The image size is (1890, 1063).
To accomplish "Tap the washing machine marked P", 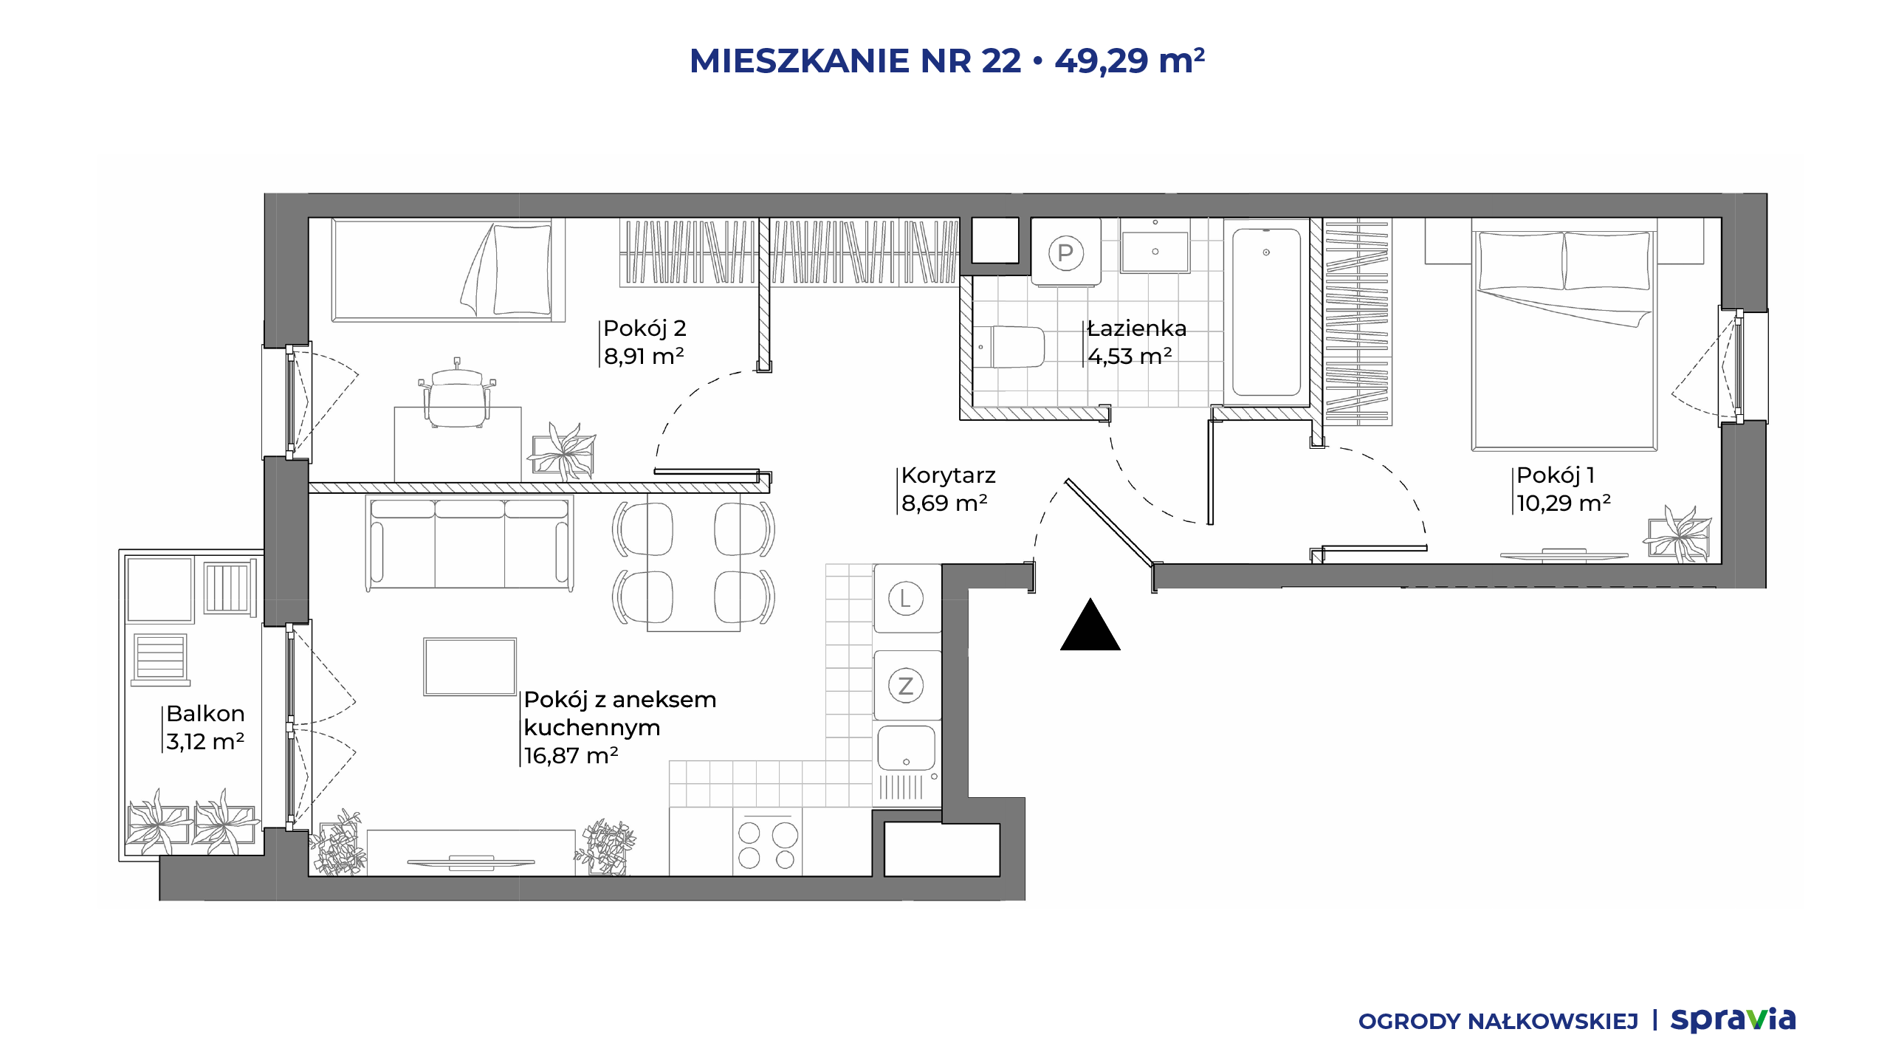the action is [1065, 252].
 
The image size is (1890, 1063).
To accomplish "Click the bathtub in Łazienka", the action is [1266, 312].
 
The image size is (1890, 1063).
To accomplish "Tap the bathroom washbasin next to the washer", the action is [1155, 248].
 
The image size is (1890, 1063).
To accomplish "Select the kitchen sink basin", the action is [907, 749].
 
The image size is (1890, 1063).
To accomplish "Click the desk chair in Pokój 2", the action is [457, 394].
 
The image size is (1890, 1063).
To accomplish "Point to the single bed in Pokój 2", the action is [448, 270].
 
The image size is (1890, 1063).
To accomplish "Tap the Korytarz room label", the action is [949, 475].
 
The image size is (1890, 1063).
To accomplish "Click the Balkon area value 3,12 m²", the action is [205, 741].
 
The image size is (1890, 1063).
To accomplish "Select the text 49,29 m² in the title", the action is [1130, 61].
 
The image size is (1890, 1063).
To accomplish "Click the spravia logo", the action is [1733, 1019].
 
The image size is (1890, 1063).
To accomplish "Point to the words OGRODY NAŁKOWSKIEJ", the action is [1498, 1022].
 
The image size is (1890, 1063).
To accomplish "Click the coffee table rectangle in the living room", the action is [470, 667].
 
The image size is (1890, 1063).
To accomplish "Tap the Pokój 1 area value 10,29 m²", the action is [1564, 503].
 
